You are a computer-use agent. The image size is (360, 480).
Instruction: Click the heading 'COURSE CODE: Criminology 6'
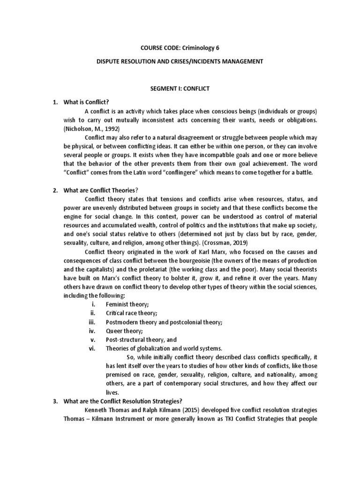click(x=180, y=48)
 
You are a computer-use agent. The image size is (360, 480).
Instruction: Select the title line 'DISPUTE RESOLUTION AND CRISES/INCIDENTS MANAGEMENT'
click(x=180, y=61)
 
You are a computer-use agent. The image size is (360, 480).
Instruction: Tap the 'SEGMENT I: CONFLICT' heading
click(x=180, y=88)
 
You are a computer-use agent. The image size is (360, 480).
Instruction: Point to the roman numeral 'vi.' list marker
click(x=92, y=348)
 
